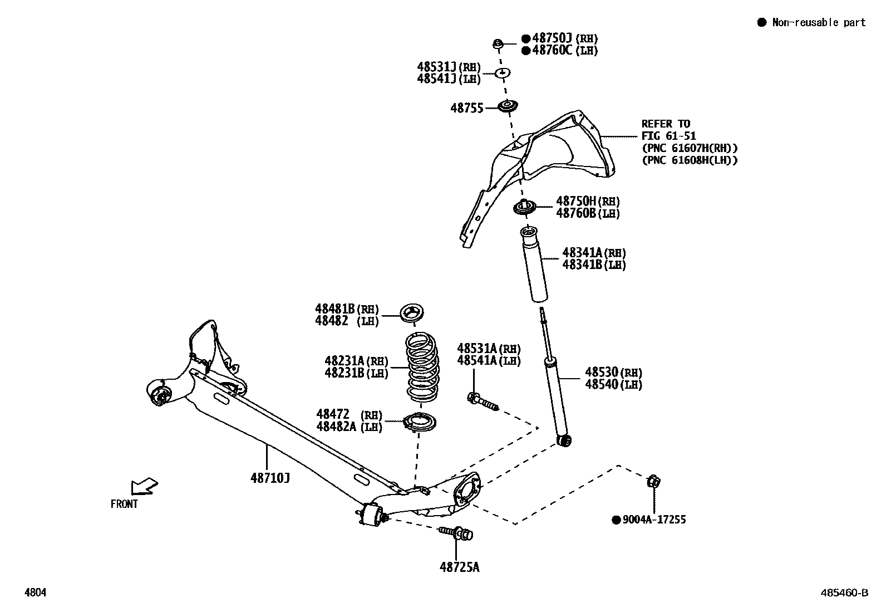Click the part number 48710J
tap(270, 477)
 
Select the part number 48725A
tap(459, 567)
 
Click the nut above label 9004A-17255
tap(654, 481)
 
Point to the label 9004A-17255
tap(654, 520)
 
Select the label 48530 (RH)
tap(613, 372)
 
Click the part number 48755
tap(466, 108)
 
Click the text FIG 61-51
tap(668, 136)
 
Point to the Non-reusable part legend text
tap(818, 22)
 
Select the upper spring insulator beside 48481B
tap(413, 312)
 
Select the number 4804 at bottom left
tap(35, 593)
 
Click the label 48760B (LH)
tap(588, 213)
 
